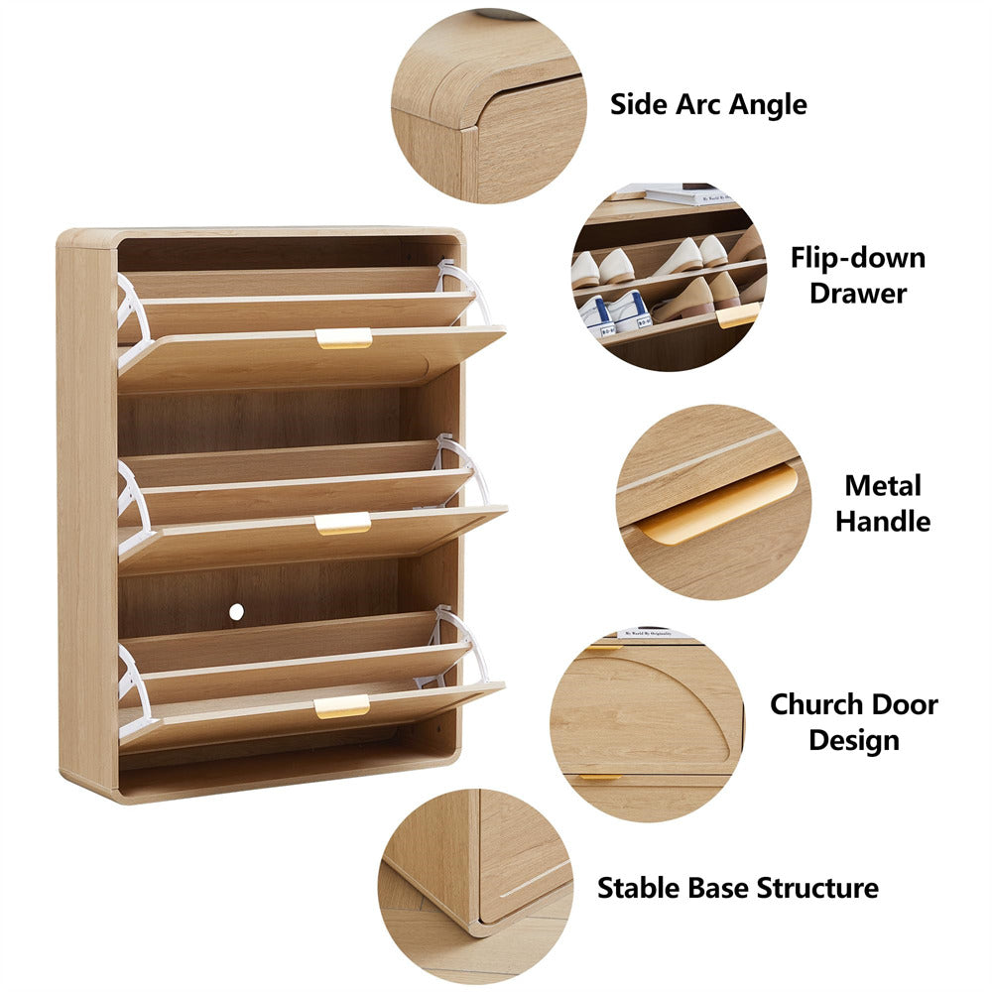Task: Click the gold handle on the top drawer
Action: pos(344,338)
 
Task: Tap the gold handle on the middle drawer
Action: pos(342,524)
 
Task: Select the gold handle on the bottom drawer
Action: pos(342,706)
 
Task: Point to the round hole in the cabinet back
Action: pos(236,612)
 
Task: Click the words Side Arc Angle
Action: pos(708,104)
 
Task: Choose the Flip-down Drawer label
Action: pos(857,275)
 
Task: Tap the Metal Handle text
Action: pos(882,503)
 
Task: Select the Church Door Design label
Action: pos(853,722)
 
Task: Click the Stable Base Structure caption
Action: pos(737,887)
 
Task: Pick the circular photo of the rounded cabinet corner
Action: pos(488,105)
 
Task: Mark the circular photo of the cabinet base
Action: pos(475,886)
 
